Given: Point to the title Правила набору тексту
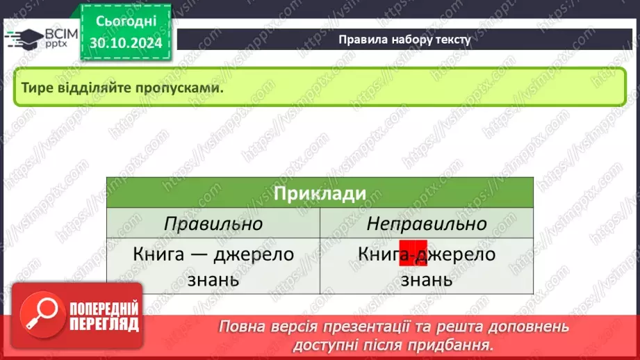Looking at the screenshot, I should (x=404, y=40).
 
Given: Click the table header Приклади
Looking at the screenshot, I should (x=320, y=194).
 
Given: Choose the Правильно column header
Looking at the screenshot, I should (x=213, y=224).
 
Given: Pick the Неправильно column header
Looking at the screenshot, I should (x=427, y=224).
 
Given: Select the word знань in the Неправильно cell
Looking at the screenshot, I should (x=427, y=279).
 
